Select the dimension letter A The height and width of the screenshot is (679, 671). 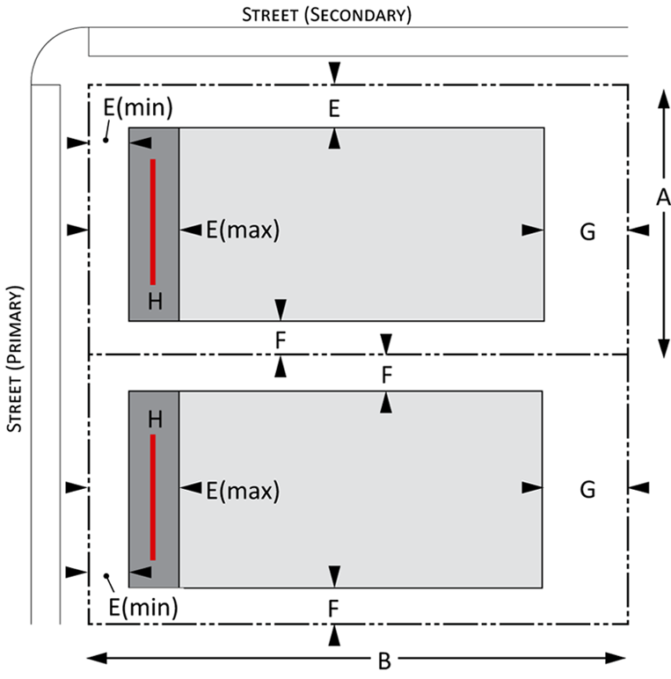(x=663, y=198)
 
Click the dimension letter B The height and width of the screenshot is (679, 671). (x=383, y=661)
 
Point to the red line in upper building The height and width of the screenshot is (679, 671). (x=152, y=222)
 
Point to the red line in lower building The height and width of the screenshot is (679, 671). (x=152, y=497)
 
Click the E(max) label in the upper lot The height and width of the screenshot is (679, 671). (x=242, y=230)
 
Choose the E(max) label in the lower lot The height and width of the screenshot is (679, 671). (x=242, y=490)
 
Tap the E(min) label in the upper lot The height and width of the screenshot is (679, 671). (x=137, y=109)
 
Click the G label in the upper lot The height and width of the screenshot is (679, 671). (x=587, y=231)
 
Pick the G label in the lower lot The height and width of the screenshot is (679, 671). (x=587, y=488)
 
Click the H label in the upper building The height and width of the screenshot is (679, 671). (x=155, y=302)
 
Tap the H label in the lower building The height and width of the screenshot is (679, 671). (x=155, y=420)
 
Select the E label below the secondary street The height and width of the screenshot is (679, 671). (x=333, y=109)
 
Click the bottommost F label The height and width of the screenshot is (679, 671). (x=333, y=608)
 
